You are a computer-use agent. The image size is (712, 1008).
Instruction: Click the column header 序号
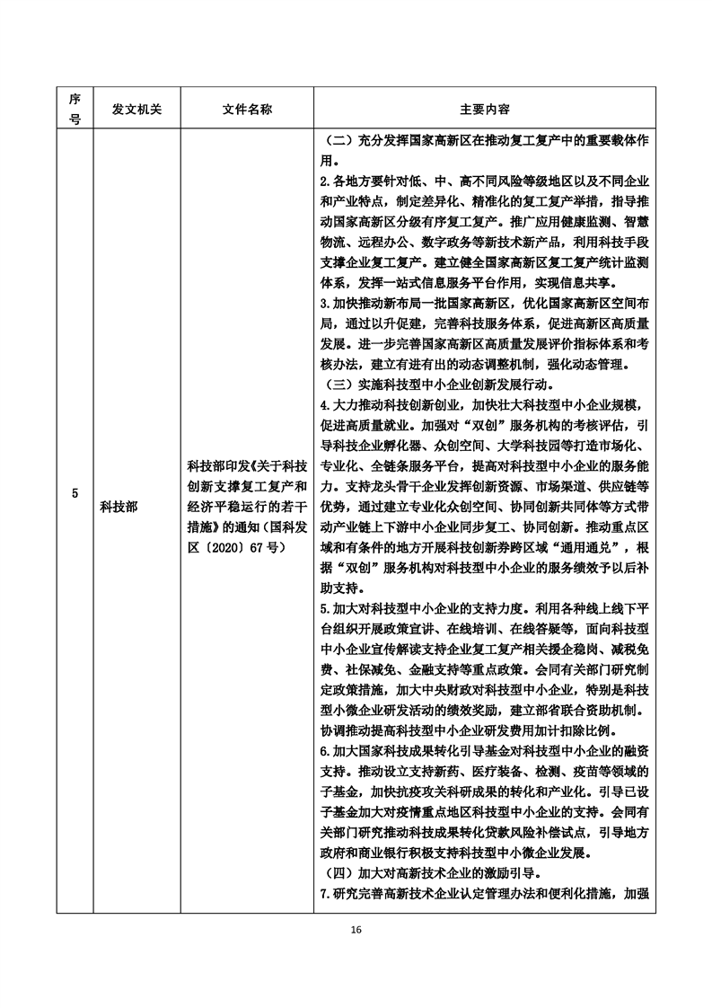click(x=75, y=109)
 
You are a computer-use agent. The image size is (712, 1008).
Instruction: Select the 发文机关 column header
click(x=136, y=109)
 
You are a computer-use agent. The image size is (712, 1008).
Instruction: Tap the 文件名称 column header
click(x=247, y=109)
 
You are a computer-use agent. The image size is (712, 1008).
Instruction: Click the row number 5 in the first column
click(x=75, y=493)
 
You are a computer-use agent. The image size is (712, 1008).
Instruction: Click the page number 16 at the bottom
click(x=356, y=929)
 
